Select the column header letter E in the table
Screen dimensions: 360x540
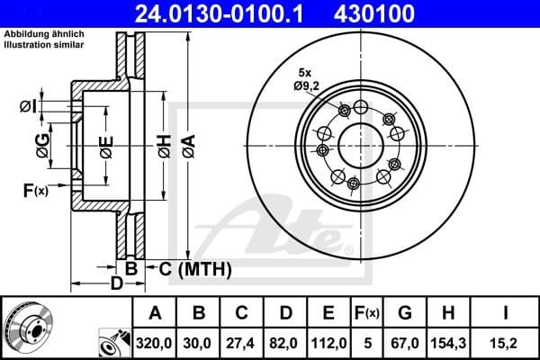pos(328,314)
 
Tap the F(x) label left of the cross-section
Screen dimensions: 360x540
pos(35,190)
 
